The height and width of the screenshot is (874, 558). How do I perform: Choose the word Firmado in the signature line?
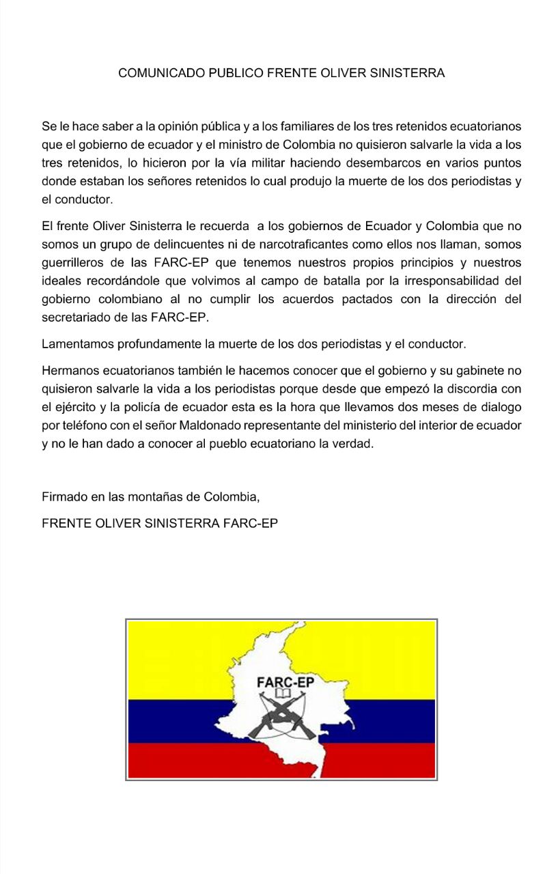coord(64,496)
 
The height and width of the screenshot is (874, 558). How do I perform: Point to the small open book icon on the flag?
coord(282,694)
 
